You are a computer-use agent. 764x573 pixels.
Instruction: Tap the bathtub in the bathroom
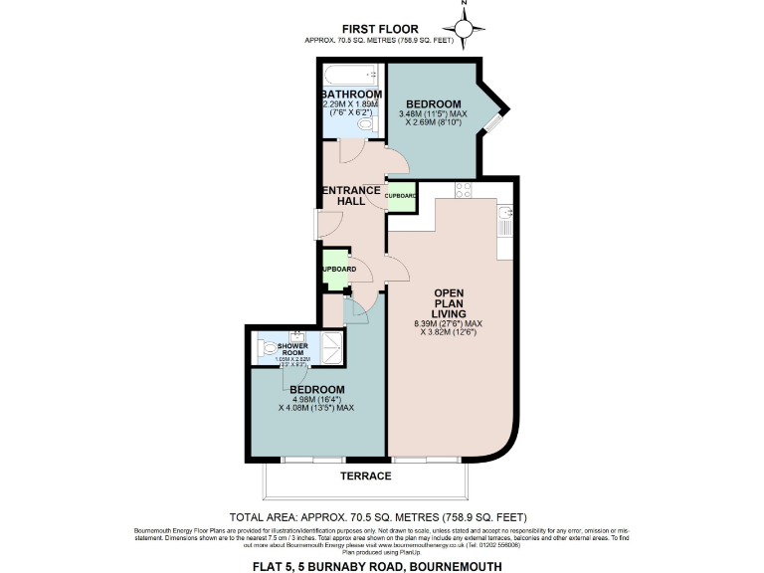coord(349,74)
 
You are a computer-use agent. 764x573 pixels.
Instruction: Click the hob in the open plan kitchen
coord(463,189)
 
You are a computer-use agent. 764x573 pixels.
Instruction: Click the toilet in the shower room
coord(271,348)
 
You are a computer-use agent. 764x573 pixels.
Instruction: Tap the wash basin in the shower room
coord(296,335)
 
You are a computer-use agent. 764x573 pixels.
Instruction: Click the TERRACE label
coord(365,477)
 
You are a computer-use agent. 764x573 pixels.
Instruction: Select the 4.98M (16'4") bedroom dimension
coord(317,400)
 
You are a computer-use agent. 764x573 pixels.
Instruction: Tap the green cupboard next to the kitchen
coord(400,196)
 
